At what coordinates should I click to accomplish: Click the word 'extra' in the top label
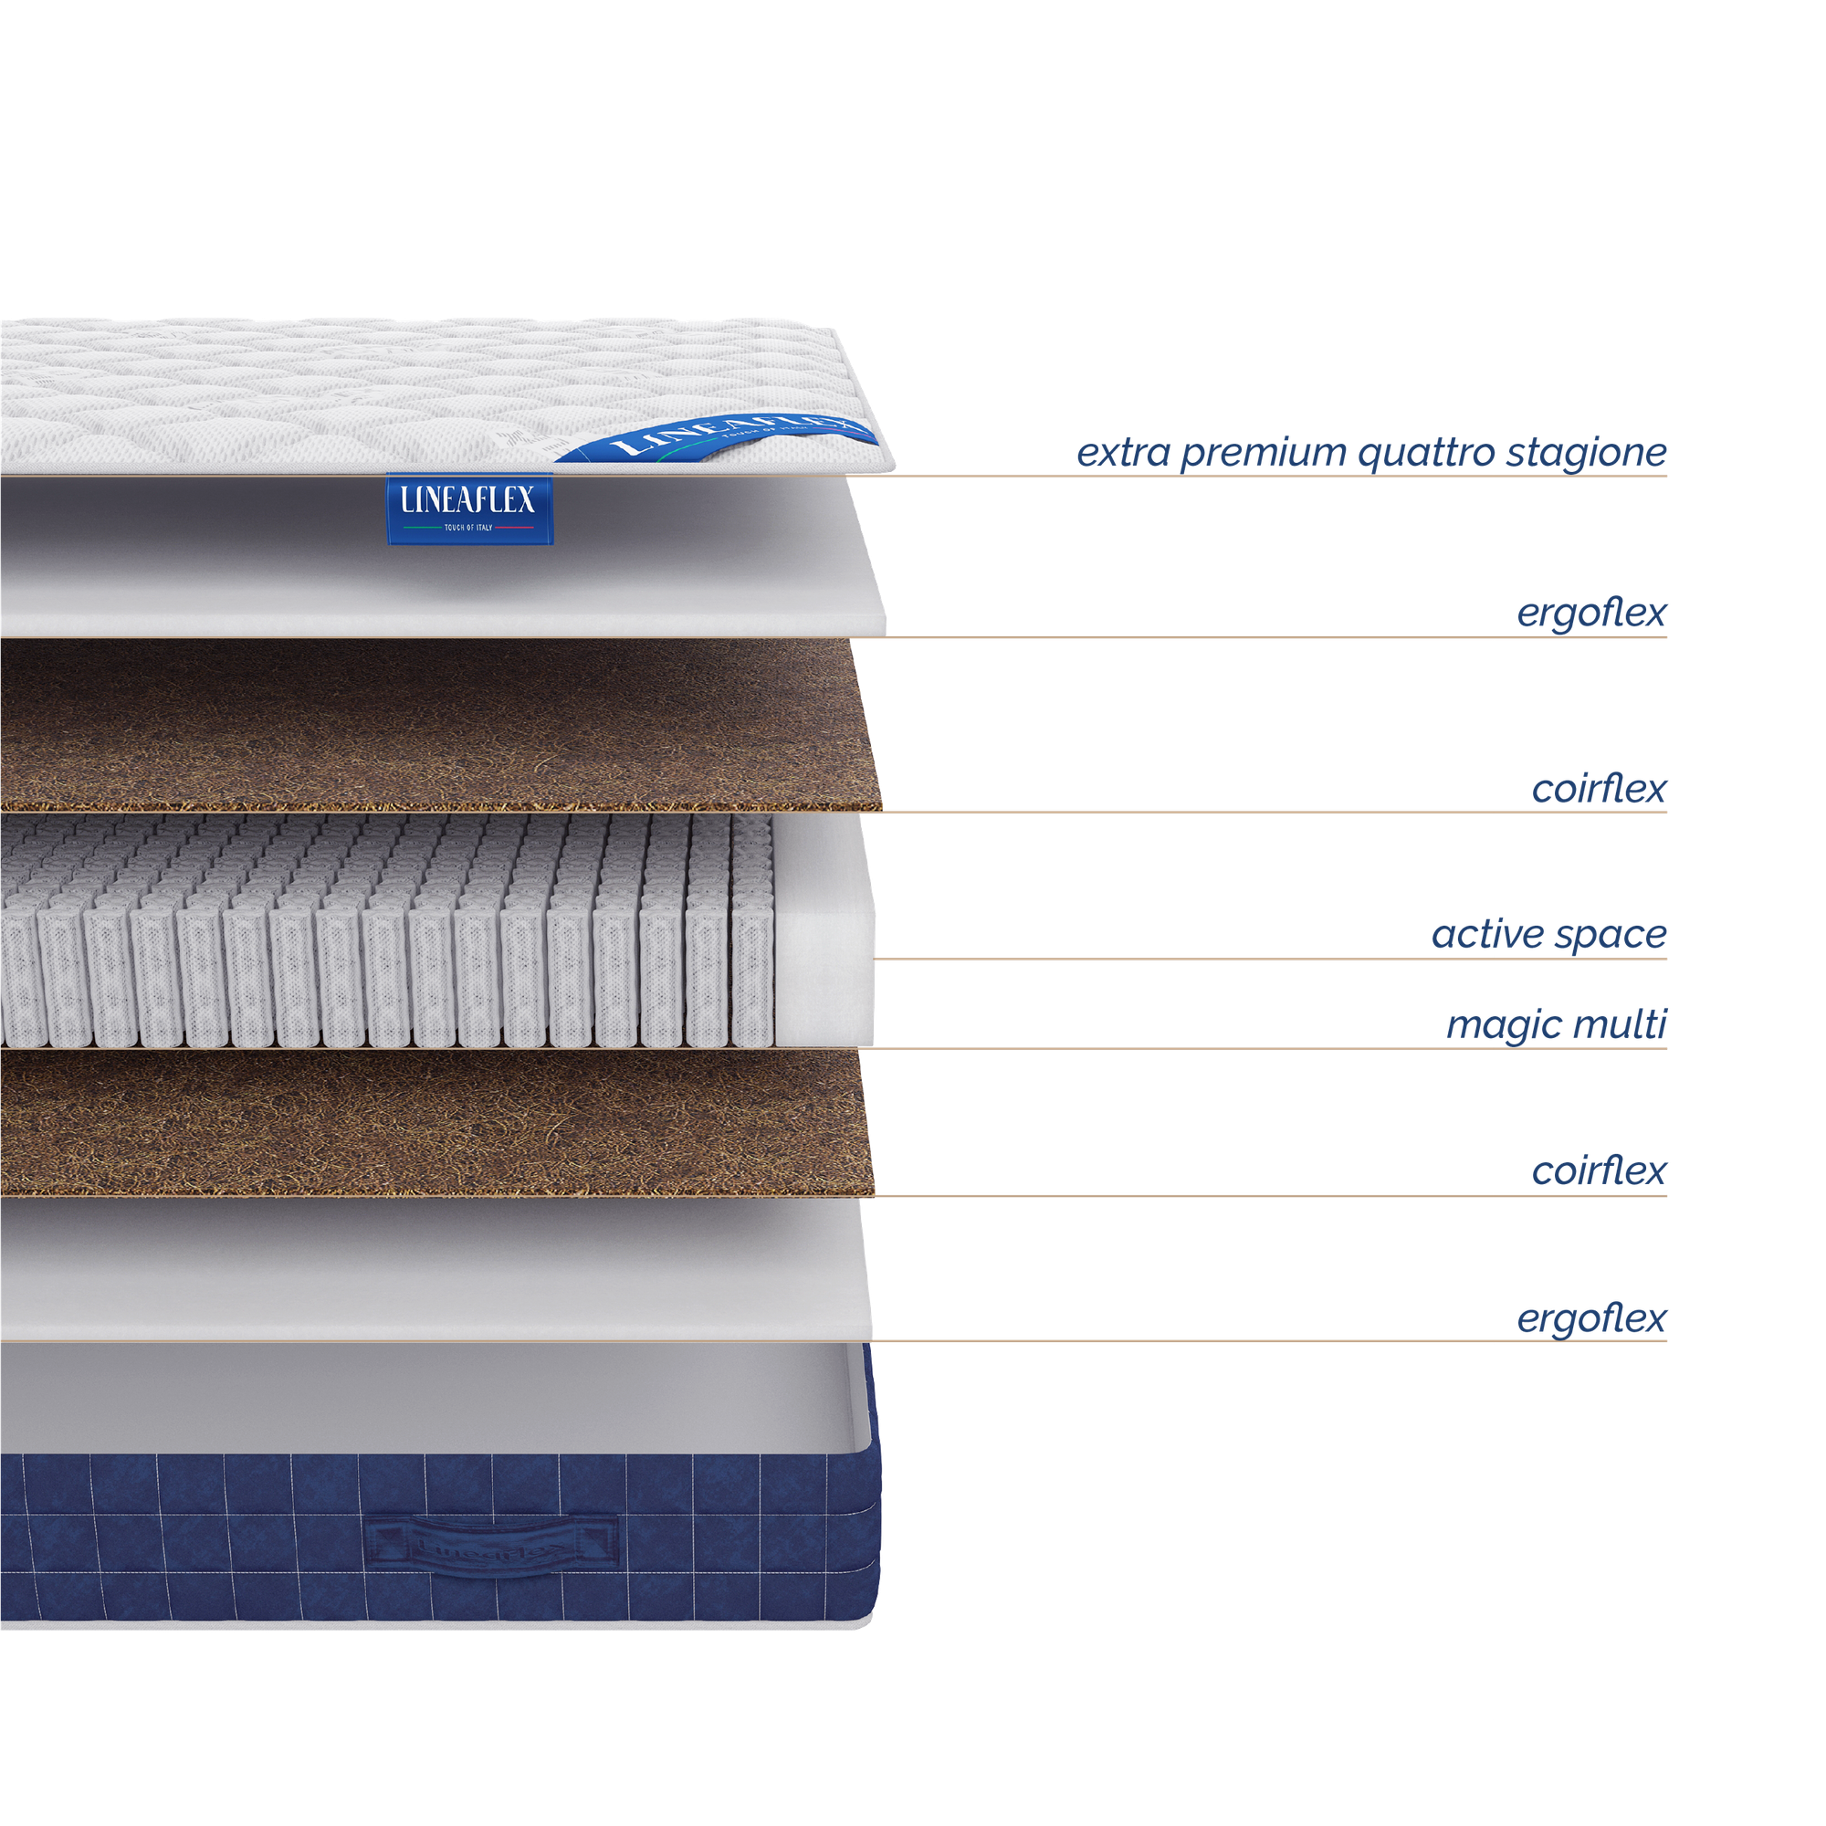tap(1123, 454)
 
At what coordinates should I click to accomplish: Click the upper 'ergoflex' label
tap(1591, 614)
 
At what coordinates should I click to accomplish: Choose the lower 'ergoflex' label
tap(1591, 1318)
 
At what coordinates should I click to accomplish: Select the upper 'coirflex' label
tap(1600, 789)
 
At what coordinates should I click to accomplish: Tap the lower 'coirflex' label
tap(1600, 1172)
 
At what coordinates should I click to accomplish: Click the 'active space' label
tap(1549, 936)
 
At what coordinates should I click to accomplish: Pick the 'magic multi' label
tap(1557, 1025)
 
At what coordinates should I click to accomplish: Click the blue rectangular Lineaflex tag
tap(468, 509)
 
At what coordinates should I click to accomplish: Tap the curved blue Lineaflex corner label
tap(719, 438)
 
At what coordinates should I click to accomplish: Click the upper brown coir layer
tap(435, 723)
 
